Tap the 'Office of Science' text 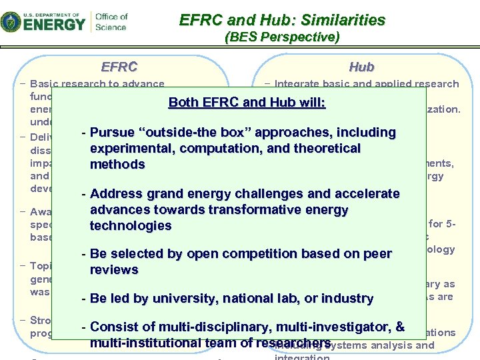[x=111, y=21]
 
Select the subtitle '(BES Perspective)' [x=283, y=37]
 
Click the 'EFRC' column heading [x=119, y=67]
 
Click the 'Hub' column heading [x=361, y=67]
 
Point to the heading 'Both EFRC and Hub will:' [x=247, y=103]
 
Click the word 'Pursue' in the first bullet [x=111, y=132]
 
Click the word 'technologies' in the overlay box [x=130, y=226]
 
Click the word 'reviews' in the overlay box [x=114, y=270]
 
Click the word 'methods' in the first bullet [x=117, y=164]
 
